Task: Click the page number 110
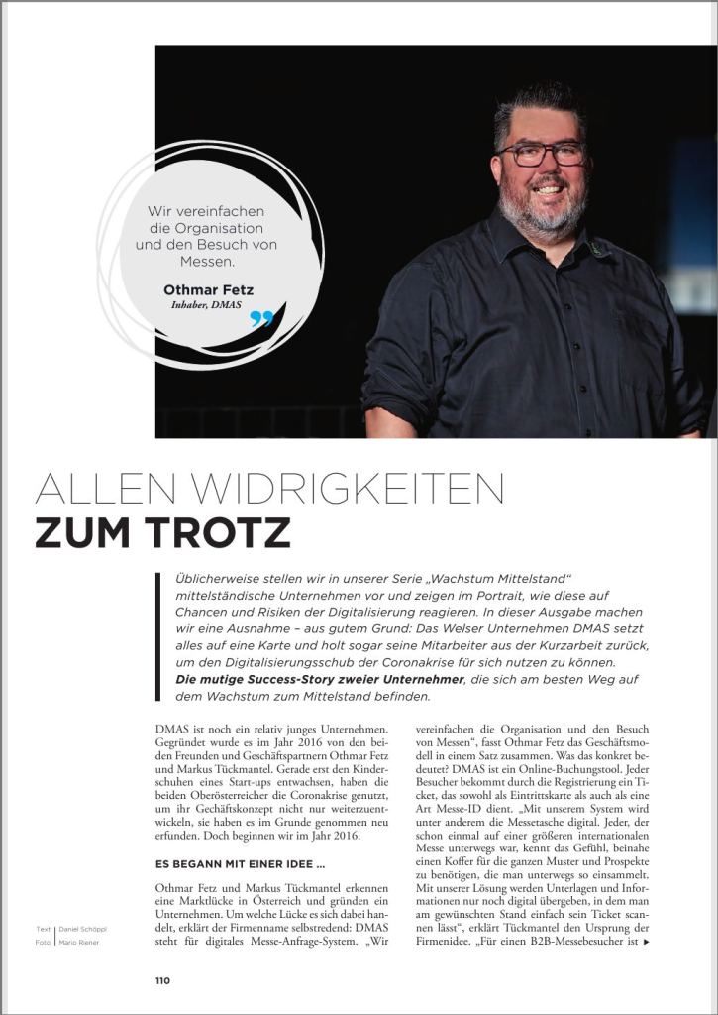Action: [x=162, y=980]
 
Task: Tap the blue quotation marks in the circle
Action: [x=260, y=318]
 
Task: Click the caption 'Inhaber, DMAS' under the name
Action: [x=206, y=304]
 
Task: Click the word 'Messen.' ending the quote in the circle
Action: [x=206, y=262]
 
